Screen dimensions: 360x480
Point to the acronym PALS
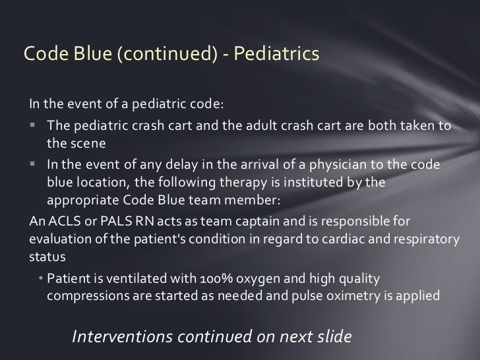point(102,221)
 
